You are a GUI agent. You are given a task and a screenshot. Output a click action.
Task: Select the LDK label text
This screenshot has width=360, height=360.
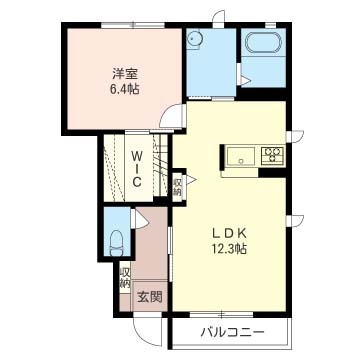pos(230,233)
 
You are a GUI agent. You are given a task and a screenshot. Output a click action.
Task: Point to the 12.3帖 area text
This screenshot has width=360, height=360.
pos(230,248)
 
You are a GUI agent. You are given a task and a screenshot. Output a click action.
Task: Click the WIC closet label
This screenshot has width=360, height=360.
pos(136,168)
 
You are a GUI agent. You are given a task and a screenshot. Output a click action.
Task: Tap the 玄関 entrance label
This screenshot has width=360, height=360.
pos(150,296)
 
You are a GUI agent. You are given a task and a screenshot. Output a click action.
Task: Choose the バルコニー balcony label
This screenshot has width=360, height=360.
pos(232,332)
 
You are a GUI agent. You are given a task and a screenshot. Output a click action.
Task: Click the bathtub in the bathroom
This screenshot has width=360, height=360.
pos(263,43)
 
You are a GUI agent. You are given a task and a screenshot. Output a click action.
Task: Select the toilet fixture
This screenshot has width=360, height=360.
pos(117,243)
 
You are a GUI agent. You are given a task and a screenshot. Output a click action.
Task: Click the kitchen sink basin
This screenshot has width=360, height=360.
pos(241,156)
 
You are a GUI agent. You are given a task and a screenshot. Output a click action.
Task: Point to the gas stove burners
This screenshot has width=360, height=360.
pos(272,155)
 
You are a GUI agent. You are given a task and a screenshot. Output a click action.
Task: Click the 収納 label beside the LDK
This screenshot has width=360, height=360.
pos(177,187)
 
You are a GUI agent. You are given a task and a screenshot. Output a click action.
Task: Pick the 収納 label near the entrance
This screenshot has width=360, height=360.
pos(125,278)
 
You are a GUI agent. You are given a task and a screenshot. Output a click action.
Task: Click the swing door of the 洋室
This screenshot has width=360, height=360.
pos(172,116)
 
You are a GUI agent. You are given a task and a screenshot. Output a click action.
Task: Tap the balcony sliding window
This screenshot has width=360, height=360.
pos(221,314)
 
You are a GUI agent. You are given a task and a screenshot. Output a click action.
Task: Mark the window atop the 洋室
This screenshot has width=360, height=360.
pos(133,25)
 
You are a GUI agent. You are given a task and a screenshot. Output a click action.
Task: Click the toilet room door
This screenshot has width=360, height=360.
pos(141,219)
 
